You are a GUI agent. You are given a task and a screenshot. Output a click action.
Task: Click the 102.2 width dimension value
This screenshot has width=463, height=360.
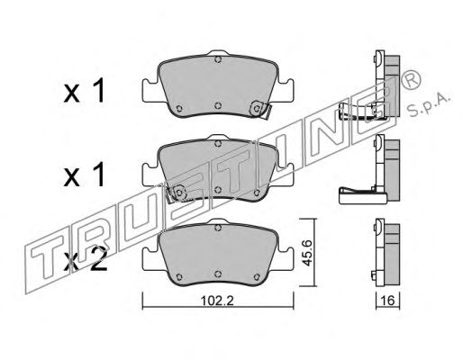(x=217, y=300)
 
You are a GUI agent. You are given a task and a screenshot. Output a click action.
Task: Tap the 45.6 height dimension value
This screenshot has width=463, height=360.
(x=307, y=253)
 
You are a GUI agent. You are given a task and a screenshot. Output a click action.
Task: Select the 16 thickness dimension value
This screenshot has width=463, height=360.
(x=388, y=300)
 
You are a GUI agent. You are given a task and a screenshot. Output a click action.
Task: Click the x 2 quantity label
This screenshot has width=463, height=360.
(x=86, y=258)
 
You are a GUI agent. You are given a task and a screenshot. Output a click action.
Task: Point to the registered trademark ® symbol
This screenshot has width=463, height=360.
(x=411, y=79)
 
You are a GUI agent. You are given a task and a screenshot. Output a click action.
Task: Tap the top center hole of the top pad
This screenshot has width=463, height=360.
(x=218, y=59)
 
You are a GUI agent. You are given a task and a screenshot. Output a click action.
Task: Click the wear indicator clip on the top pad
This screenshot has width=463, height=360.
(x=260, y=109)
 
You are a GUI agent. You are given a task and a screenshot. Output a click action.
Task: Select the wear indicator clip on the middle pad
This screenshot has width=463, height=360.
(x=177, y=193)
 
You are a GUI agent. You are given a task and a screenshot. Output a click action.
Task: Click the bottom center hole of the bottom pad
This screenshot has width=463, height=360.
(x=218, y=274)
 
